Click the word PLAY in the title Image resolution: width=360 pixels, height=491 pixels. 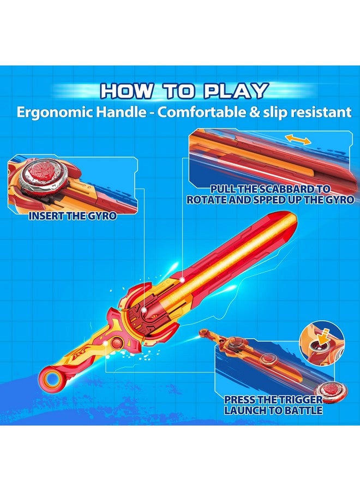(236, 91)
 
